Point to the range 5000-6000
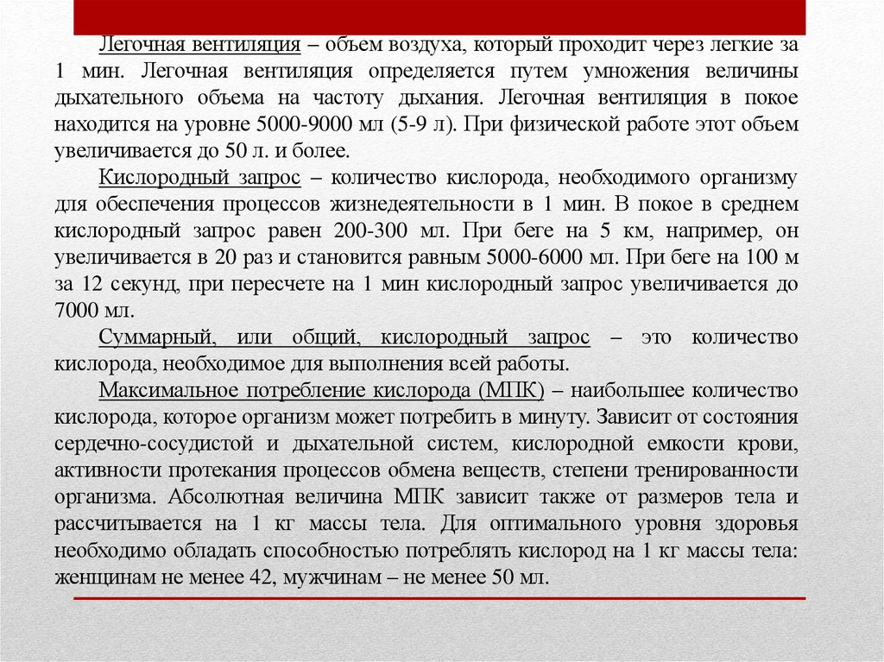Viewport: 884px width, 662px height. click(x=552, y=258)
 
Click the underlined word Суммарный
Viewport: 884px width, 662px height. click(x=152, y=337)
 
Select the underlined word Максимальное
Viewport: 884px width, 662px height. click(x=168, y=391)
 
